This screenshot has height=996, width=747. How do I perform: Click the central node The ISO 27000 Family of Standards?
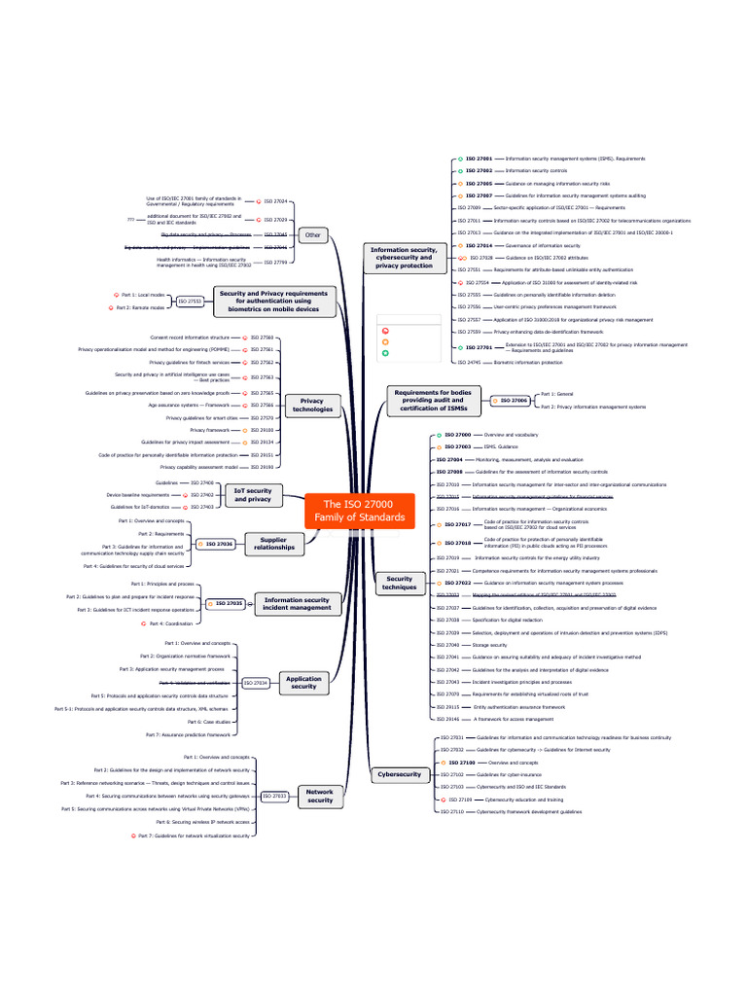click(359, 511)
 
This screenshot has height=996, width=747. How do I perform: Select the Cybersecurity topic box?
click(399, 774)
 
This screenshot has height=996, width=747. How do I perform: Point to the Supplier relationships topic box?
click(274, 544)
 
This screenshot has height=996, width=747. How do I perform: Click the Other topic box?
click(312, 234)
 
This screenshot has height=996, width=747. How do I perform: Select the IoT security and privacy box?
click(252, 495)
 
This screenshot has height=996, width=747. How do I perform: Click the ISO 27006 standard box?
click(514, 400)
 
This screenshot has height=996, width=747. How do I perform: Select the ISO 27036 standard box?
click(218, 545)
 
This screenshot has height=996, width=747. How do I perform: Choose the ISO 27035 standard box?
click(229, 604)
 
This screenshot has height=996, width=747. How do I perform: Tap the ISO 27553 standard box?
click(190, 302)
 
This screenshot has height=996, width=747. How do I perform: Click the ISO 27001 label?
click(479, 159)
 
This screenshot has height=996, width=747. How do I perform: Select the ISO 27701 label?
click(479, 347)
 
